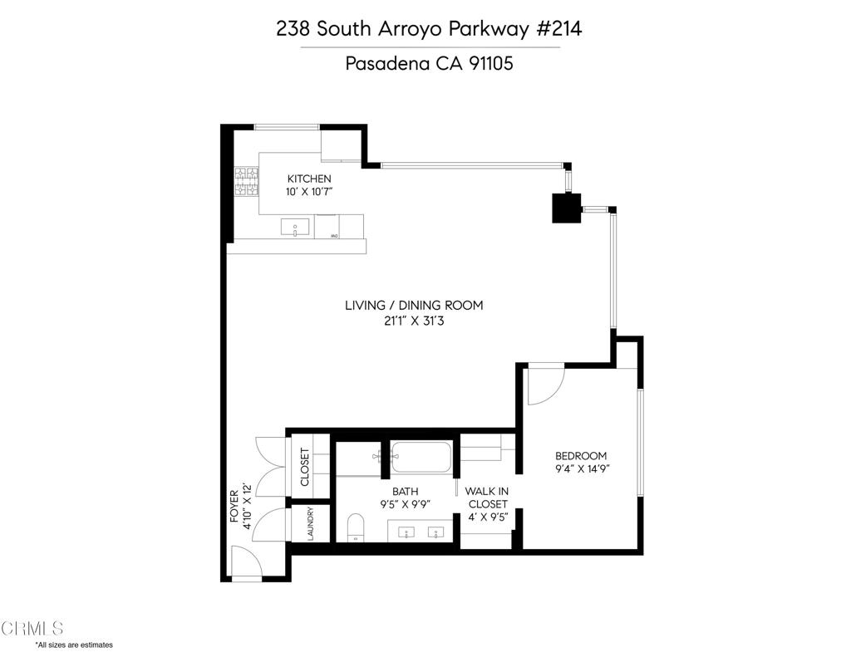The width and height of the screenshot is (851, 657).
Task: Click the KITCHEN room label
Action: tap(309, 179)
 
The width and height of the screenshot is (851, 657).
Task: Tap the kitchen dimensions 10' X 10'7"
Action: tap(309, 192)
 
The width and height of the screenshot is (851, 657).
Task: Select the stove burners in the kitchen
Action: tap(246, 181)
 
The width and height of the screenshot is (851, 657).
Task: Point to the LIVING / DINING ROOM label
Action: tap(414, 306)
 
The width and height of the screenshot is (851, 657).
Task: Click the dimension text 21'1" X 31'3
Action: tap(414, 321)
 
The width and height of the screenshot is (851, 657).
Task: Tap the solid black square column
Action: tap(567, 208)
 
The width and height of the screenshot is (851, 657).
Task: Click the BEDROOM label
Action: tap(581, 456)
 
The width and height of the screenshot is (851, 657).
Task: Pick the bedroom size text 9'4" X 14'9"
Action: tap(583, 468)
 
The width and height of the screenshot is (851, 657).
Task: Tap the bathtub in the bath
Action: tap(420, 457)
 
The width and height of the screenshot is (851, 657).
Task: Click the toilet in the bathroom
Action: tap(356, 527)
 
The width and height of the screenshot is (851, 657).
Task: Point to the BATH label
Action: tap(406, 492)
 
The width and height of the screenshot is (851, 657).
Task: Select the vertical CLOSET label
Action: tap(304, 467)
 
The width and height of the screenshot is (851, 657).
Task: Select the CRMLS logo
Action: tap(32, 628)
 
